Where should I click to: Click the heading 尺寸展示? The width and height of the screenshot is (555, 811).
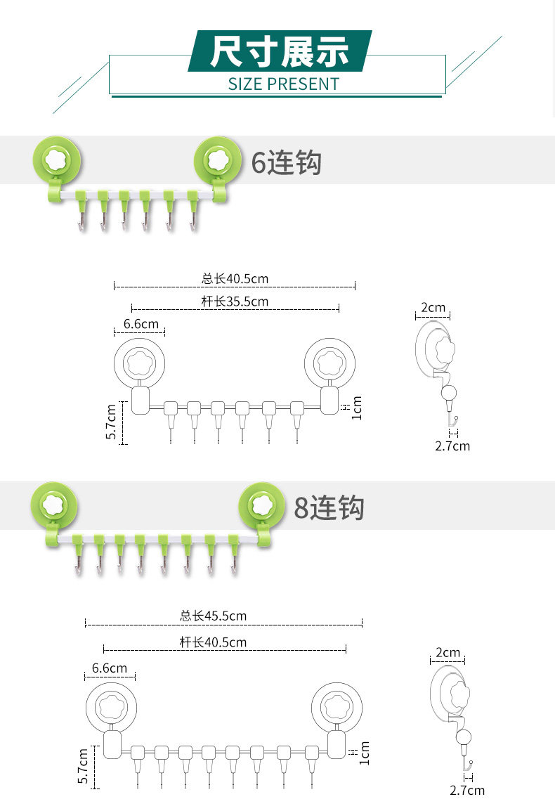pos(280,51)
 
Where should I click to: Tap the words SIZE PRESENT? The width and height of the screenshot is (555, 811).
pos(283,84)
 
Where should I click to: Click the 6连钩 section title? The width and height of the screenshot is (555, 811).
pos(286,163)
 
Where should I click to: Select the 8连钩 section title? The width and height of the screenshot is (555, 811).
pos(329,507)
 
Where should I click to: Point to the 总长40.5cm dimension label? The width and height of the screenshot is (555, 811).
pos(235,279)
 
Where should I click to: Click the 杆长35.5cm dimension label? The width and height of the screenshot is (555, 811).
pos(235,302)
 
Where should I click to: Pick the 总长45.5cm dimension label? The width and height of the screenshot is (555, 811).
pos(213,616)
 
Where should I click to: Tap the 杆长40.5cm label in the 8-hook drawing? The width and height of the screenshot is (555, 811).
pos(213,642)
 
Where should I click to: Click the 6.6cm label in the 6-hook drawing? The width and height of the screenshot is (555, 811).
pos(141,324)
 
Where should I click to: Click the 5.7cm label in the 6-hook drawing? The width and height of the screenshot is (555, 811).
pos(111,422)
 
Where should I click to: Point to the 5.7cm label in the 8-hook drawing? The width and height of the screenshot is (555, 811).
pos(83,766)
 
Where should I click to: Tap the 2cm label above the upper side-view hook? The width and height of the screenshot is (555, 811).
pos(433,308)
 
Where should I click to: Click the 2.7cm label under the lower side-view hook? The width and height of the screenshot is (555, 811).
pos(467,791)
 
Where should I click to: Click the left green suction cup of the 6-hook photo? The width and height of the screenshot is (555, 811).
pos(58,160)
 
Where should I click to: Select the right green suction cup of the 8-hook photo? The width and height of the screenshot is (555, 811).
pos(261,505)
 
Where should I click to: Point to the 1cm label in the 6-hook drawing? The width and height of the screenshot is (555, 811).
pos(356,408)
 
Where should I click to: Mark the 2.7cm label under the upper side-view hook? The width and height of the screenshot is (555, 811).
pos(452,446)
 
